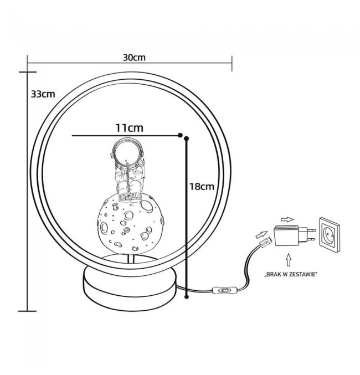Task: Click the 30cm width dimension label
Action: [134, 58]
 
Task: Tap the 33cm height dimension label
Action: [43, 94]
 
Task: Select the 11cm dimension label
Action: [130, 128]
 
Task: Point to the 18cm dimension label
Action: [202, 187]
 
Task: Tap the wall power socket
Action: [330, 235]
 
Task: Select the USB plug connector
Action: [266, 243]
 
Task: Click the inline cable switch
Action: [225, 290]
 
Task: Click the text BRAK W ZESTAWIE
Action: [291, 274]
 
